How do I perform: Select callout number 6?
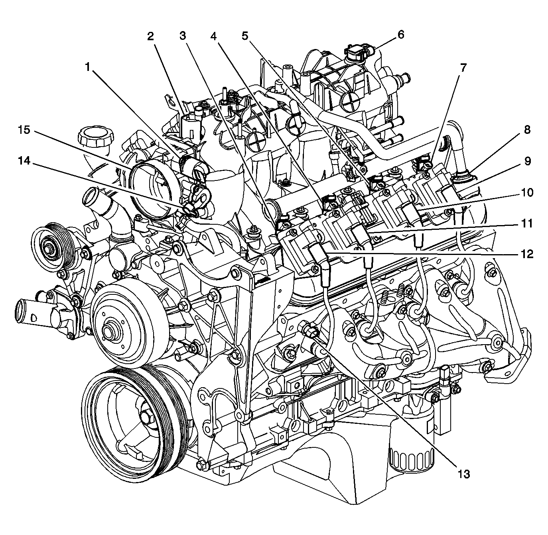pyautogui.click(x=400, y=35)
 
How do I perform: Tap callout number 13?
pyautogui.click(x=464, y=474)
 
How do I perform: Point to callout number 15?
pyautogui.click(x=25, y=130)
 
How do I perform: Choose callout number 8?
pyautogui.click(x=527, y=130)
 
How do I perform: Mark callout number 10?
pyautogui.click(x=527, y=193)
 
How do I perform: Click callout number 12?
pyautogui.click(x=527, y=254)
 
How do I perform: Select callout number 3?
pyautogui.click(x=182, y=36)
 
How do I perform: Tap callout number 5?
pyautogui.click(x=244, y=36)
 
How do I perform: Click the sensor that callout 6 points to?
pyautogui.click(x=356, y=55)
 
